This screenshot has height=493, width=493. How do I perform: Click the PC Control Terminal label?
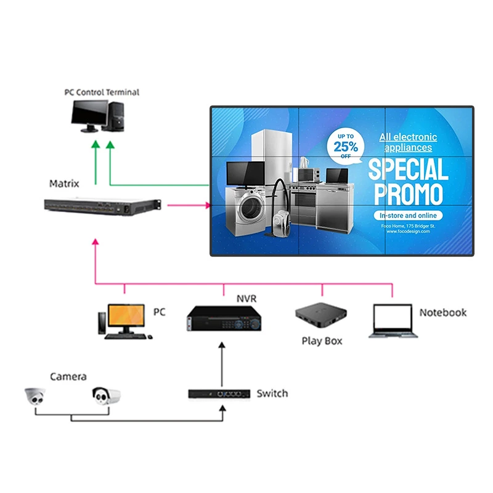pos(102,92)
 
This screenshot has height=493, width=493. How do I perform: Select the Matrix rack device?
pos(102,206)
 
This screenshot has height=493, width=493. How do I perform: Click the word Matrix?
pos(64,184)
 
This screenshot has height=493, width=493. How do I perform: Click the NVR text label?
pos(246,299)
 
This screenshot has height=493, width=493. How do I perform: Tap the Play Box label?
pos(321,341)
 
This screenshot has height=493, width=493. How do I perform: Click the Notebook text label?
pos(442,312)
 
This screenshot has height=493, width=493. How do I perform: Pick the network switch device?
pos(219,393)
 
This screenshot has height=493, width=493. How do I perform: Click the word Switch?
pos(272,393)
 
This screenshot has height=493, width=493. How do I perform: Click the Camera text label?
pos(68,377)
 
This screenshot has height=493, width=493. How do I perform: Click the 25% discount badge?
pos(345,146)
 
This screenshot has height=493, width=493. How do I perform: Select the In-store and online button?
pos(407,216)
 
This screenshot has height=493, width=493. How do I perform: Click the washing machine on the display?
pos(245,207)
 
